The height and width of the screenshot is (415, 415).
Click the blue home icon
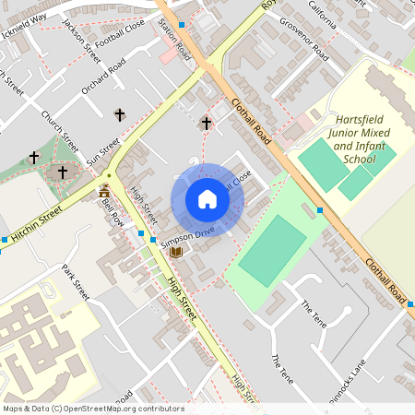tap(207, 199)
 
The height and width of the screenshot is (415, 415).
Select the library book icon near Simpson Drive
tap(176, 251)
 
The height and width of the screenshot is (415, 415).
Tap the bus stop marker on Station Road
tap(183, 25)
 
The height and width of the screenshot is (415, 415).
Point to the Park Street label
tap(76, 281)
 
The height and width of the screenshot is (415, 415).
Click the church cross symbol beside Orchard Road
tap(119, 114)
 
